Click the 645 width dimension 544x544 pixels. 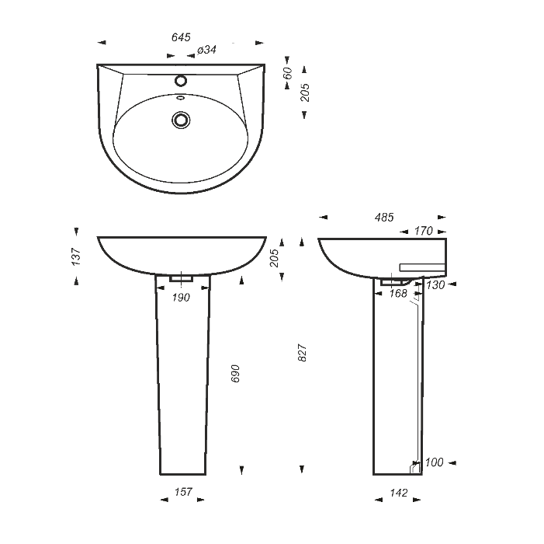click(181, 37)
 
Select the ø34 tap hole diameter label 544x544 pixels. click(206, 50)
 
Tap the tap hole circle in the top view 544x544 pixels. click(181, 81)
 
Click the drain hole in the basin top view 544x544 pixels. click(181, 120)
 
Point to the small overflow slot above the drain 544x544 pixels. click(180, 98)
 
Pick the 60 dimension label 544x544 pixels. click(288, 73)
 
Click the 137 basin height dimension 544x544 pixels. click(76, 256)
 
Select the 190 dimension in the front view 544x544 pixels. click(181, 298)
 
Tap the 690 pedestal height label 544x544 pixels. click(235, 374)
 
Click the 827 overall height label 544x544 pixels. click(303, 353)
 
